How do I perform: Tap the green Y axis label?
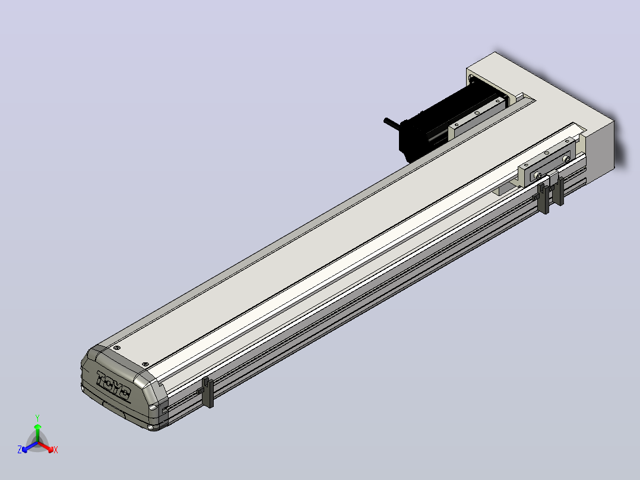pyautogui.click(x=37, y=418)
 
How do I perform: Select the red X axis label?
pyautogui.click(x=56, y=450)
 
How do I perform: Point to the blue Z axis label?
pyautogui.click(x=20, y=449)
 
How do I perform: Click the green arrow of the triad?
pyautogui.click(x=37, y=433)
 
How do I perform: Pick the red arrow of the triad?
pyautogui.click(x=46, y=447)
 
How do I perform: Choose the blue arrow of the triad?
pyautogui.click(x=30, y=447)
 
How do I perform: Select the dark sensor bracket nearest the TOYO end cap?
pyautogui.click(x=208, y=392)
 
